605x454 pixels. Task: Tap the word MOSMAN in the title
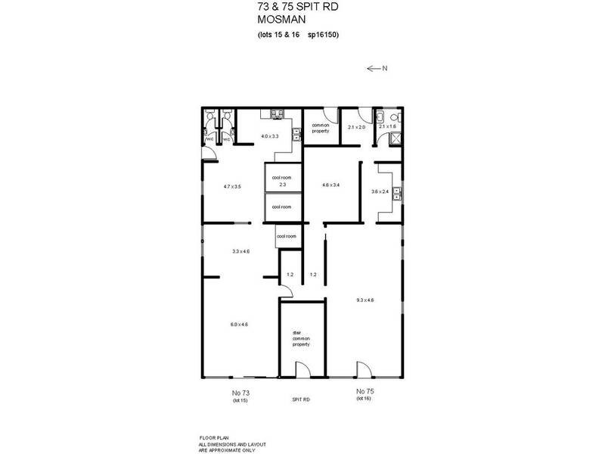(278, 20)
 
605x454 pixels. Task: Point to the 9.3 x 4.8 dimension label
(365, 300)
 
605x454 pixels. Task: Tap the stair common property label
(302, 337)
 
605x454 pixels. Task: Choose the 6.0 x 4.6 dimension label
(239, 324)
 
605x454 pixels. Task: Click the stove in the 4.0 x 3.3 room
(277, 115)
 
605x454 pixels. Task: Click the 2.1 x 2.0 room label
(356, 128)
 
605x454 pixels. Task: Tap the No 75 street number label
(365, 392)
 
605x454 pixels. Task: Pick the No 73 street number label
(240, 392)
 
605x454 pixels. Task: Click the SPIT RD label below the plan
(301, 400)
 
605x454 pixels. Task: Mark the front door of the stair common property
(301, 371)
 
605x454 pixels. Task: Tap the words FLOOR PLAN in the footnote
(211, 438)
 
